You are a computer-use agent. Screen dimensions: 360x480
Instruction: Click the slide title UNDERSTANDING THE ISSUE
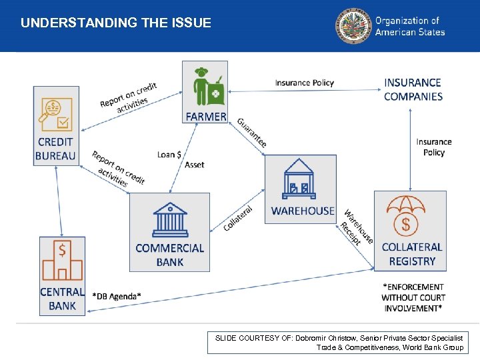(115, 23)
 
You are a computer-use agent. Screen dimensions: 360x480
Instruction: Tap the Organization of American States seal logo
(353, 26)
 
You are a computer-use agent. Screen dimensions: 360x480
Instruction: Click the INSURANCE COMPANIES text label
(413, 89)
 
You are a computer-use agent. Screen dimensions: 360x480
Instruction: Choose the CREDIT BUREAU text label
(56, 149)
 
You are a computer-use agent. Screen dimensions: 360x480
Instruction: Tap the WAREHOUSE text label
(303, 211)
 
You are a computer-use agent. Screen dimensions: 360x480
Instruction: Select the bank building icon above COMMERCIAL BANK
(170, 219)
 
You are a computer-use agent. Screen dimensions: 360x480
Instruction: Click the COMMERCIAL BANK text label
(169, 255)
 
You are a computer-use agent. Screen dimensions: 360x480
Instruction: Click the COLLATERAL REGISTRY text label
(412, 254)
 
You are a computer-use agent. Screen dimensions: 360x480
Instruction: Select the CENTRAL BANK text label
(62, 299)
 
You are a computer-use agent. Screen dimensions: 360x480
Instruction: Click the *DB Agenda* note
(117, 296)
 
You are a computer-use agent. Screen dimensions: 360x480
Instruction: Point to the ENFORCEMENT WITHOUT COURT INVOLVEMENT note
(413, 297)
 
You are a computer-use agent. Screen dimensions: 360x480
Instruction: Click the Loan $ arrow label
(169, 155)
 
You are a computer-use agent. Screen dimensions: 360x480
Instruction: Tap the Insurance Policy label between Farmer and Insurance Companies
(304, 83)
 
